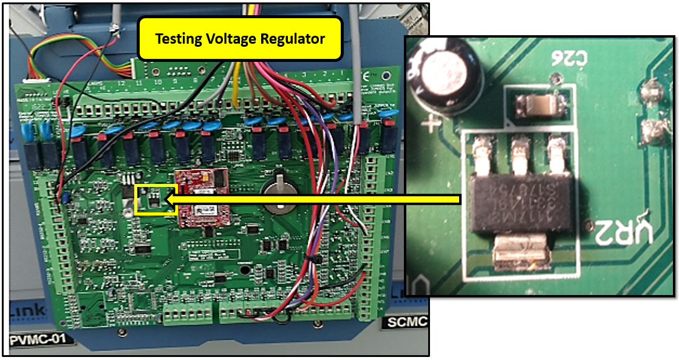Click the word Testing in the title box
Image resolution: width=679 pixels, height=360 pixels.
pos(177,39)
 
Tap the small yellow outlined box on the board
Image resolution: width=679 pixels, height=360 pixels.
pos(155,199)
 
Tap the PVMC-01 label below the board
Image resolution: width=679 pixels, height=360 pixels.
pos(40,339)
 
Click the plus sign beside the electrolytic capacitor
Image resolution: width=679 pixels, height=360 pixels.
pos(432,125)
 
